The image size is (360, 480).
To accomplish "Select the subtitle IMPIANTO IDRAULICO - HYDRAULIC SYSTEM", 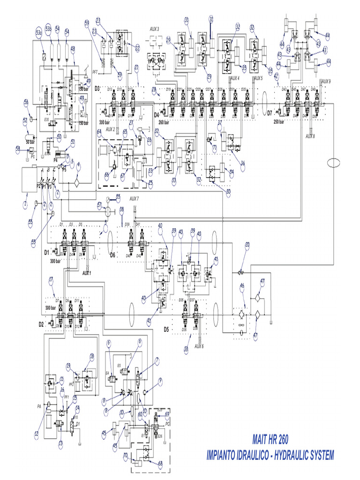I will [270, 454].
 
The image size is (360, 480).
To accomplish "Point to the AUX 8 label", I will [310, 136].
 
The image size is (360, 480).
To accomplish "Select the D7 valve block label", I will [270, 113].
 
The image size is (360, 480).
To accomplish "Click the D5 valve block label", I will [166, 329].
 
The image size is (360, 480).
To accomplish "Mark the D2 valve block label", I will [41, 324].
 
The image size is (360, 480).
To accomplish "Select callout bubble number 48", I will [73, 48].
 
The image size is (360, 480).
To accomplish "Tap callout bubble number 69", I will [167, 414].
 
